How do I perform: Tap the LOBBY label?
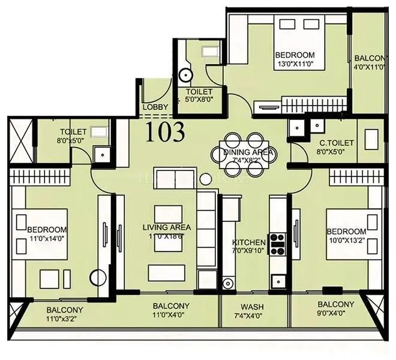click(x=155, y=108)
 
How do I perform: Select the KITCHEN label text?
click(x=248, y=243)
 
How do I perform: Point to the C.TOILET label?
click(x=336, y=143)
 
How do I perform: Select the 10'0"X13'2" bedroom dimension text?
click(x=346, y=241)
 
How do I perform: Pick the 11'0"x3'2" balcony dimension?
click(x=65, y=319)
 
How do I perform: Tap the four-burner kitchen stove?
click(x=277, y=244)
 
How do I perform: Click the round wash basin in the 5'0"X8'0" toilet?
click(x=186, y=76)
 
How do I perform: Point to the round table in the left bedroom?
click(x=97, y=279)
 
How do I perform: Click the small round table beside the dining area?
click(x=206, y=178)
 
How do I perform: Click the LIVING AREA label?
click(x=167, y=227)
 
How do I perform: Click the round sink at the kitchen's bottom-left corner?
click(x=227, y=283)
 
